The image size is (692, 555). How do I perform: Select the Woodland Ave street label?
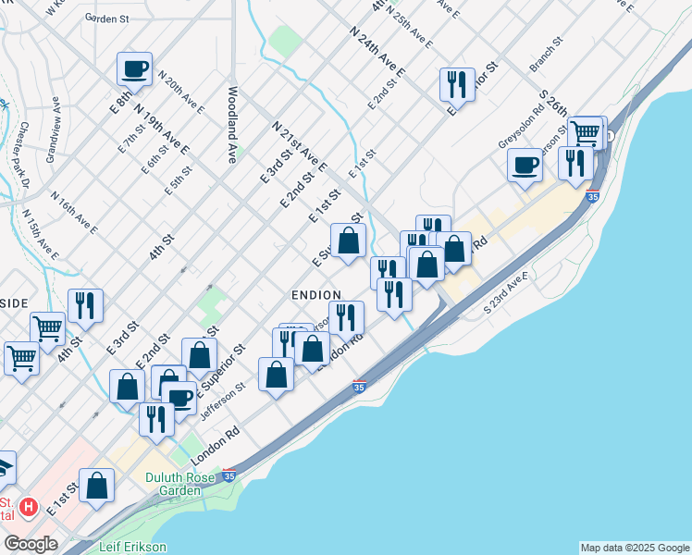tap(233, 126)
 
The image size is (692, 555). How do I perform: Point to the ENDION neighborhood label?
tap(317, 293)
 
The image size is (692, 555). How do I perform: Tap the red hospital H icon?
tap(29, 507)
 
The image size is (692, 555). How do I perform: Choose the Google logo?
tap(31, 544)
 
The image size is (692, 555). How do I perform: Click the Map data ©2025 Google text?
tap(635, 548)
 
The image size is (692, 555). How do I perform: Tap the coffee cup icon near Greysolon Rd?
tap(525, 165)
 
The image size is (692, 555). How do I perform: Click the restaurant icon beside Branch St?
tap(457, 85)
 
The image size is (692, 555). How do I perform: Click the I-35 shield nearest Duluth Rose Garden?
tap(229, 476)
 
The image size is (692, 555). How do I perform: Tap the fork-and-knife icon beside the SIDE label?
tap(85, 305)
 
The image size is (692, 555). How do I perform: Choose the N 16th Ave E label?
tap(74, 212)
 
